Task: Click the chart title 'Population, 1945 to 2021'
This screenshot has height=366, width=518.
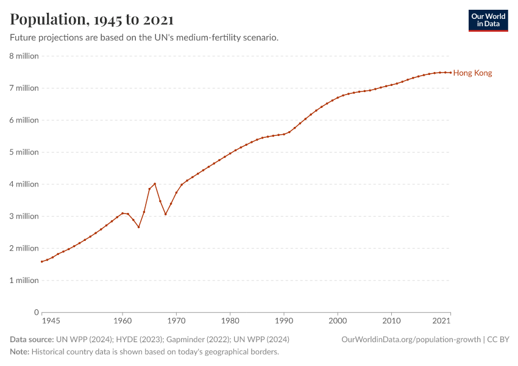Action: (91, 20)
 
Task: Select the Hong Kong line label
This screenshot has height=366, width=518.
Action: (472, 73)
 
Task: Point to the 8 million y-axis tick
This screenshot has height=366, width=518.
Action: (24, 56)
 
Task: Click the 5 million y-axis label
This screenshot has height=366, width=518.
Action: (24, 152)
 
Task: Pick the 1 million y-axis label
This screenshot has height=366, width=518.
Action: (24, 281)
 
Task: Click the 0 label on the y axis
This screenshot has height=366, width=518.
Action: (37, 312)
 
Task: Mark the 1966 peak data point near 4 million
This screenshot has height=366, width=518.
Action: (155, 184)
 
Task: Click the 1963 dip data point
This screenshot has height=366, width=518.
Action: (139, 227)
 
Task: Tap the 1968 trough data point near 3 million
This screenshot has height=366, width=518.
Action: (166, 214)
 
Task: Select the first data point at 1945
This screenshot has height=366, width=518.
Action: (42, 262)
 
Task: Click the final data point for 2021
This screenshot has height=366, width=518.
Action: (450, 73)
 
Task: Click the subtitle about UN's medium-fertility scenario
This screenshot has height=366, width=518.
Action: (144, 38)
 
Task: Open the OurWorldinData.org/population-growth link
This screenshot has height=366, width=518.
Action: (411, 339)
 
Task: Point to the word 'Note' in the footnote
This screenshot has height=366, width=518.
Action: (19, 352)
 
